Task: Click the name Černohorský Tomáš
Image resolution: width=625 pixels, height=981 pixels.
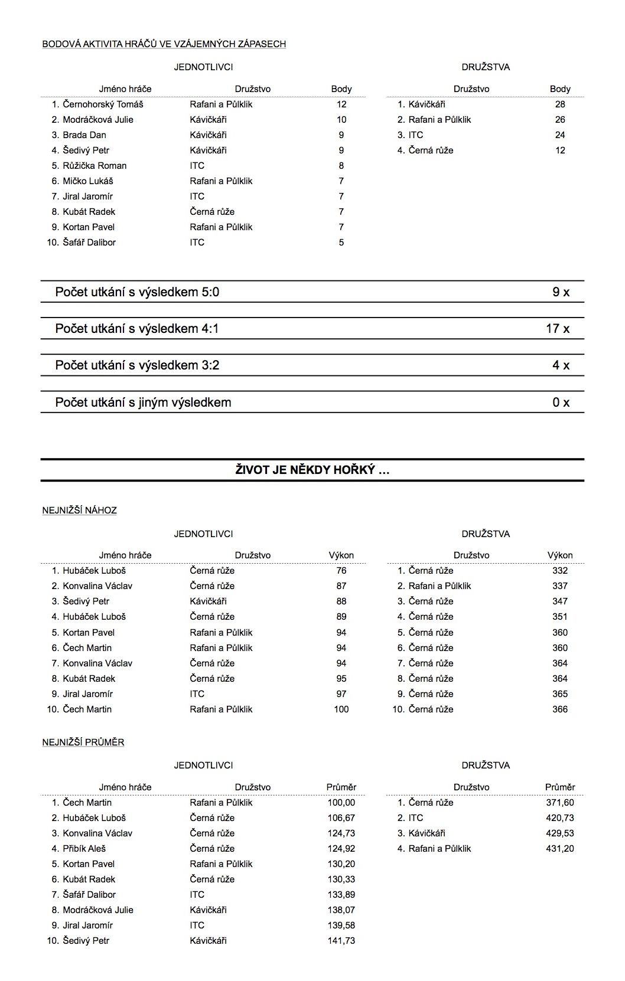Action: [103, 104]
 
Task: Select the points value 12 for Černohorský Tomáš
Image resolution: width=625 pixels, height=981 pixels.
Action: [341, 104]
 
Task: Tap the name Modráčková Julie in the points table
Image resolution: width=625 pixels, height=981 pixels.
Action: [98, 120]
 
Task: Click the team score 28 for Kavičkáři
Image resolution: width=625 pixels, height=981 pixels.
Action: [560, 104]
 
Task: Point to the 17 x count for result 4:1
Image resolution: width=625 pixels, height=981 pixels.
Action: [558, 329]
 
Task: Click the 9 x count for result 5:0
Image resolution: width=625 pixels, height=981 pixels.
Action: [561, 292]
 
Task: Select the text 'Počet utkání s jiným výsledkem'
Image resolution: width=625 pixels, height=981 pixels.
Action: [143, 403]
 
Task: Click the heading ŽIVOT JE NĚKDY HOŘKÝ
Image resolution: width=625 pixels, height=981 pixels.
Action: [312, 470]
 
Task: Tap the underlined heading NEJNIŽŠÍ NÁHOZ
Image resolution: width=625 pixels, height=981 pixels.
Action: [80, 511]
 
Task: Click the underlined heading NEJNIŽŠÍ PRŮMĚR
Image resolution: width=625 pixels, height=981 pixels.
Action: [83, 743]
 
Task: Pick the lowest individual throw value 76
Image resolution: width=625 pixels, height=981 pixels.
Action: [341, 571]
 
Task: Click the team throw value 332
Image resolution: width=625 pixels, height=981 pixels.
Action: [560, 571]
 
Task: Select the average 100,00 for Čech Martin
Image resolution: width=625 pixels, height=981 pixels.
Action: [341, 803]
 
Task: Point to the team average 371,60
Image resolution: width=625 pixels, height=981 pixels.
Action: [560, 803]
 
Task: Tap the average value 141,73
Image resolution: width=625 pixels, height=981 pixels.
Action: [341, 941]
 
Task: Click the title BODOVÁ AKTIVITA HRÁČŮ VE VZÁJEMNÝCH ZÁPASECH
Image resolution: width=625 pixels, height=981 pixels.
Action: [164, 44]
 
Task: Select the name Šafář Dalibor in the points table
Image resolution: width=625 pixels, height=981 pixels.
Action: [89, 243]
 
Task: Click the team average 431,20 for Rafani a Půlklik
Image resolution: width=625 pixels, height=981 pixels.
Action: [560, 849]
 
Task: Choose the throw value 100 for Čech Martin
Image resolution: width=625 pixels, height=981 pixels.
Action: [341, 709]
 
